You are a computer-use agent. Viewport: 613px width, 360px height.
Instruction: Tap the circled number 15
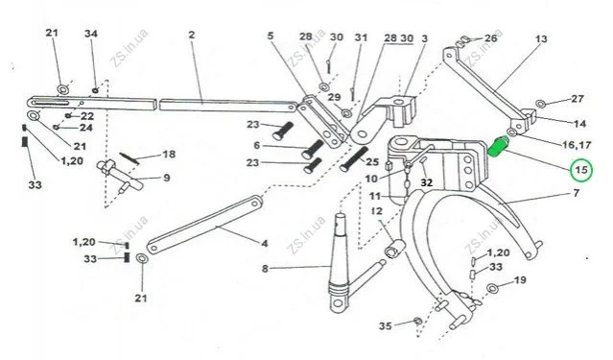[x=581, y=170]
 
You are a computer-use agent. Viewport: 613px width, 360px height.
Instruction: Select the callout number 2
[x=191, y=35]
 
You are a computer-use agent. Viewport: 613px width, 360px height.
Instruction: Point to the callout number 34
[x=91, y=34]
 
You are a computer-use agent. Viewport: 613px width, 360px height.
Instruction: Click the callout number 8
[x=265, y=269]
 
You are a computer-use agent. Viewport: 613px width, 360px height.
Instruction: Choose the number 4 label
[x=265, y=244]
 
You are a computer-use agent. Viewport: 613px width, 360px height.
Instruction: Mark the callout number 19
[x=520, y=280]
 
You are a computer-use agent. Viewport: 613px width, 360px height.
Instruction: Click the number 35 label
[x=386, y=325]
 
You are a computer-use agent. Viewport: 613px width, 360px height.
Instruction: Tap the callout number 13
[x=541, y=39]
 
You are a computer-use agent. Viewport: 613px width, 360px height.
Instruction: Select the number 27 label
[x=578, y=99]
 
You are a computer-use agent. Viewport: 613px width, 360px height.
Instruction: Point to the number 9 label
[x=167, y=178]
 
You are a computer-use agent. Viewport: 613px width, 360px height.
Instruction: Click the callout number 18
[x=169, y=155]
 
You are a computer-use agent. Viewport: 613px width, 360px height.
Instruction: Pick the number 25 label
[x=372, y=161]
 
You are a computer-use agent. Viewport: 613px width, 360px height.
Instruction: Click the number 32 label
[x=427, y=182]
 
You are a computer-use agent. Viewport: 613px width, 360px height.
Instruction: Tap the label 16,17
[x=577, y=145]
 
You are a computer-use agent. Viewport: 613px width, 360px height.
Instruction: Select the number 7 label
[x=576, y=193]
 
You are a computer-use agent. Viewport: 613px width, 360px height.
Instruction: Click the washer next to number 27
[x=541, y=104]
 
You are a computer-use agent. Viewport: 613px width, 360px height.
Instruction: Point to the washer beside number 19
[x=492, y=288]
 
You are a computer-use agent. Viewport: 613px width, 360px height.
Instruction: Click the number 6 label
[x=256, y=146]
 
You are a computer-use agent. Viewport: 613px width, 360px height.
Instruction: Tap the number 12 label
[x=376, y=211]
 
